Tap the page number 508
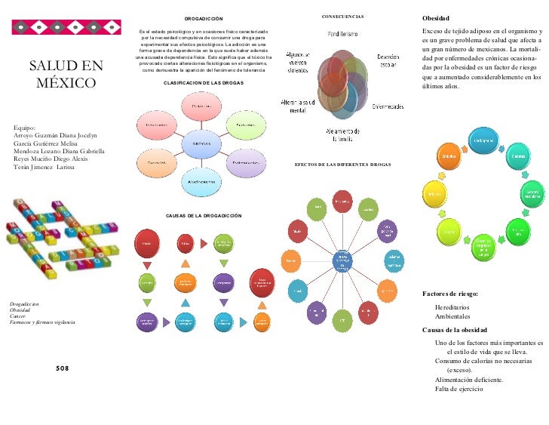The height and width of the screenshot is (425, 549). click(62, 368)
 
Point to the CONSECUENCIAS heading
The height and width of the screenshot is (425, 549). click(343, 16)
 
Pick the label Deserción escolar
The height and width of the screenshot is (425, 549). click(388, 61)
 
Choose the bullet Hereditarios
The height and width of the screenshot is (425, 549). click(452, 307)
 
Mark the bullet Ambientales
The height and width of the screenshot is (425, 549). click(452, 317)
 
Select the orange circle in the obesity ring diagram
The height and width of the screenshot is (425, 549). click(450, 156)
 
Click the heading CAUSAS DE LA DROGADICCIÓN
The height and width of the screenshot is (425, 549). click(204, 216)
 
